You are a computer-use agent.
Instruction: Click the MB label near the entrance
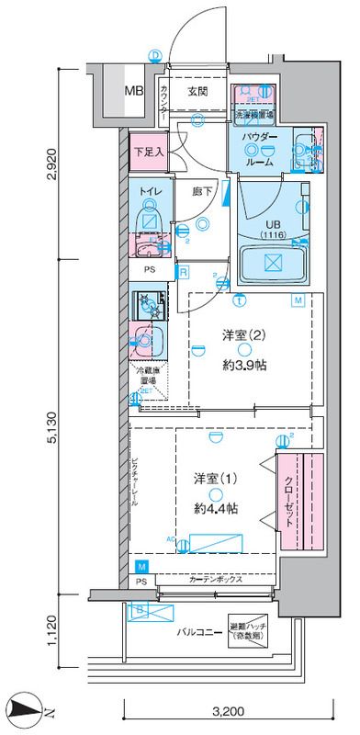coord(134,91)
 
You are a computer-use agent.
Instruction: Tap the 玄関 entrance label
coord(197,91)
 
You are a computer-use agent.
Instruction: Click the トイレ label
coord(151,191)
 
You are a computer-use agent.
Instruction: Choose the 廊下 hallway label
coord(203,191)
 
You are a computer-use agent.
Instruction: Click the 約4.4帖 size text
coord(217,508)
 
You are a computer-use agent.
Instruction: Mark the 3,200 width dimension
coord(230,709)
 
